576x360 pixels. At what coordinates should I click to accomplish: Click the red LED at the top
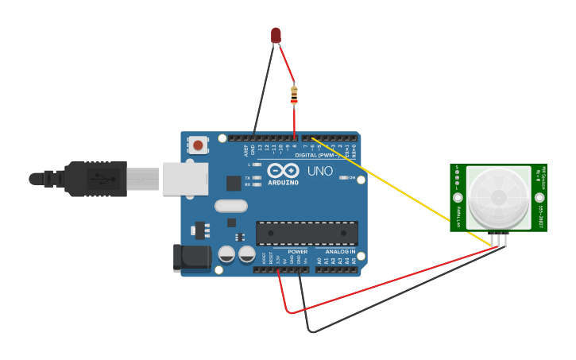click(x=276, y=34)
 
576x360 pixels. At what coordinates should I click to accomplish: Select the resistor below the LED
click(x=294, y=95)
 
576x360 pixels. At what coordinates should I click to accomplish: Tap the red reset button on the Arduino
click(x=198, y=145)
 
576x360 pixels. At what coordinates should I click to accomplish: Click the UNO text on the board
click(x=319, y=171)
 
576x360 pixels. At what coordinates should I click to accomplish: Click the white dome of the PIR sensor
click(x=498, y=196)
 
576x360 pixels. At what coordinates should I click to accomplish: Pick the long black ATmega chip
click(x=307, y=233)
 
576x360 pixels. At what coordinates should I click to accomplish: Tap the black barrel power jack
click(x=191, y=257)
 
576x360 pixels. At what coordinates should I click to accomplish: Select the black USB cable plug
click(x=95, y=179)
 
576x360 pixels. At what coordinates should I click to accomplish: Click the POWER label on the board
click(x=297, y=252)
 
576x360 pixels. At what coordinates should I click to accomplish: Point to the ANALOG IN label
click(x=340, y=252)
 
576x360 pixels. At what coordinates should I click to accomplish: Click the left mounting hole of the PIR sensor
click(x=458, y=197)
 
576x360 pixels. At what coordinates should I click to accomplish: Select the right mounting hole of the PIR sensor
click(x=539, y=197)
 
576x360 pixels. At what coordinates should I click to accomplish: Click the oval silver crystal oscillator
click(x=230, y=206)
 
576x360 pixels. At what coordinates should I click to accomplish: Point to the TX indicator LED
click(x=256, y=177)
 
